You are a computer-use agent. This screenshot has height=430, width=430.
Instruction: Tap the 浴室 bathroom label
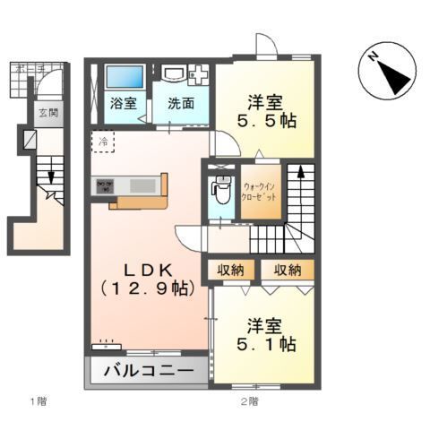(x=124, y=103)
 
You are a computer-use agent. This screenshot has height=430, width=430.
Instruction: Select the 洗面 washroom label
(x=180, y=103)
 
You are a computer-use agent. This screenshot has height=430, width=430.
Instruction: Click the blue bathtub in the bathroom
(x=118, y=77)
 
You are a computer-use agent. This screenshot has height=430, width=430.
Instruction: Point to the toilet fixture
(x=219, y=190)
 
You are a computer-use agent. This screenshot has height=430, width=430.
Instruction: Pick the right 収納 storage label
(x=288, y=270)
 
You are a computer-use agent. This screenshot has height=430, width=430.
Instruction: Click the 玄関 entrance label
(x=47, y=114)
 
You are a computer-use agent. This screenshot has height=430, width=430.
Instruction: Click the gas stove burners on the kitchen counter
(x=104, y=185)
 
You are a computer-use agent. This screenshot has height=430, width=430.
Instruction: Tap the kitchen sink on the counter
(x=143, y=185)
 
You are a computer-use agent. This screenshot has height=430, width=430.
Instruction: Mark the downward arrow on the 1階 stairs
(x=51, y=176)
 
